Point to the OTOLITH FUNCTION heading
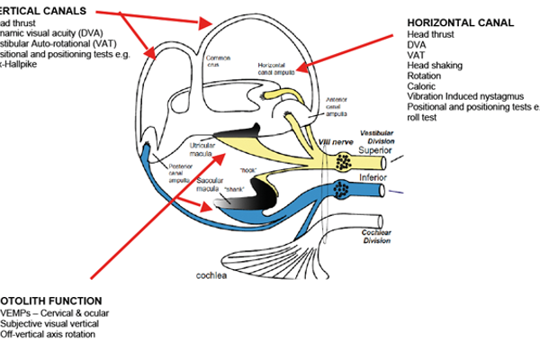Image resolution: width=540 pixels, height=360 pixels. tap(49, 301)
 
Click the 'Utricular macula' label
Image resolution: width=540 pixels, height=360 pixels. tap(202, 149)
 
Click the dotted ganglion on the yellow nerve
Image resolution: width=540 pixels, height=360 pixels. tap(343, 163)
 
